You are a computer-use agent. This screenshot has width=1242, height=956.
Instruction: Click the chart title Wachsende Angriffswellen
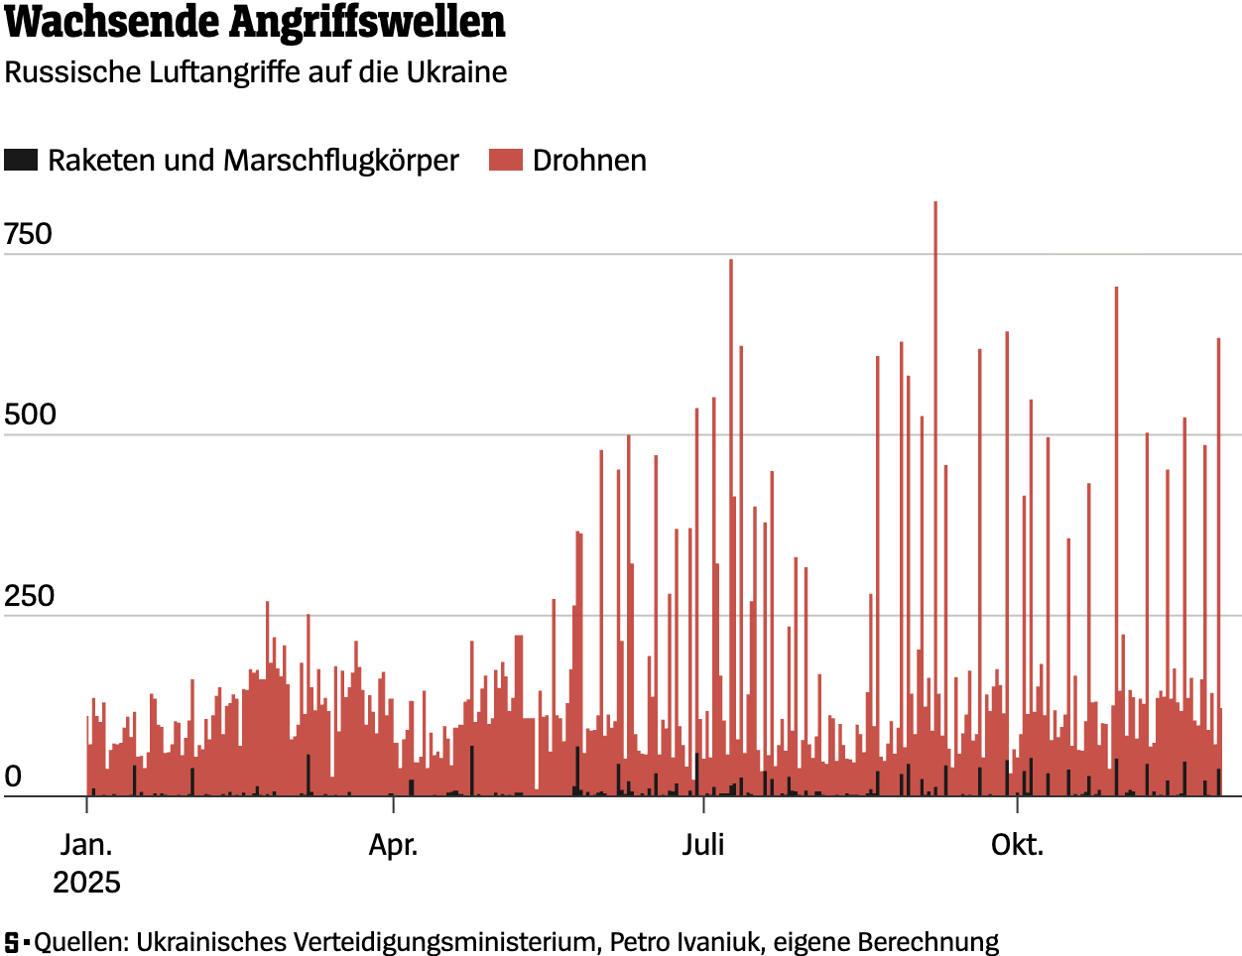[x=255, y=23]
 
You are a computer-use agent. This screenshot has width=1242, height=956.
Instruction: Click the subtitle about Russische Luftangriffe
[x=256, y=72]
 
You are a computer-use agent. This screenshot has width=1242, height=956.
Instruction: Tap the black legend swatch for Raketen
[x=21, y=160]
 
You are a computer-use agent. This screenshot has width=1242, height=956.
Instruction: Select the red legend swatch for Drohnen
[x=505, y=160]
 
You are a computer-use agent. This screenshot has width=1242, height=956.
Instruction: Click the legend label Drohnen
[x=589, y=161]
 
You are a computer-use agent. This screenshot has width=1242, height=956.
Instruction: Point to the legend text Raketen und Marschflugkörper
[x=253, y=161]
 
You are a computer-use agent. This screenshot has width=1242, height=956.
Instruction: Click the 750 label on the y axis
[x=28, y=234]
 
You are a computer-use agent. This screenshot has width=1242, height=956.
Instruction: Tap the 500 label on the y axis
[x=30, y=415]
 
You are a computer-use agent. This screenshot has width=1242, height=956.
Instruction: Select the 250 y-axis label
[x=29, y=596]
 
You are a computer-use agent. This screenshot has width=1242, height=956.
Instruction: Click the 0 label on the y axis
[x=13, y=777]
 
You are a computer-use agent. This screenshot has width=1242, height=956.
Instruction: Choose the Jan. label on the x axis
[x=87, y=845]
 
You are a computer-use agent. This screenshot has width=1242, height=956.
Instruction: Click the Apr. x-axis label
[x=393, y=845]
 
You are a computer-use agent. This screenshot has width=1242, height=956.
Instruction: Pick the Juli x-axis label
[x=702, y=845]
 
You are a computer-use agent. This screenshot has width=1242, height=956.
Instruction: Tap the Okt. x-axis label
[x=1017, y=845]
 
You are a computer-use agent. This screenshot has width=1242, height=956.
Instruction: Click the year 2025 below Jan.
[x=87, y=882]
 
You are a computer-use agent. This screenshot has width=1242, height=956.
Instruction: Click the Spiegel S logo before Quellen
[x=12, y=941]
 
